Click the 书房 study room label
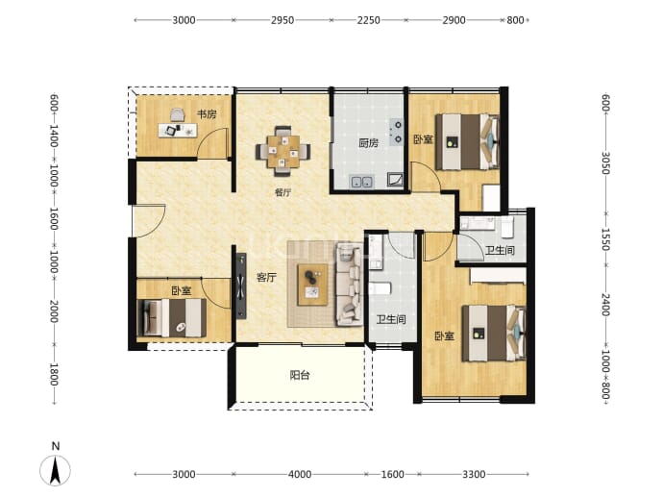(x=207, y=114)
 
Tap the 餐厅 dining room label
(x=282, y=192)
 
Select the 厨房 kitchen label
(x=368, y=143)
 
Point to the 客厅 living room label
(x=266, y=278)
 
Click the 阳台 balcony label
(x=300, y=375)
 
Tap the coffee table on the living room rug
(x=312, y=285)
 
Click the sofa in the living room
(x=349, y=285)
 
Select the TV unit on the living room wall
(x=241, y=286)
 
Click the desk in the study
(x=178, y=130)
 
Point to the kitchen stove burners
(x=397, y=132)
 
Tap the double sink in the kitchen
(x=361, y=182)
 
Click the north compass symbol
(x=55, y=469)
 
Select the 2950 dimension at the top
(x=282, y=20)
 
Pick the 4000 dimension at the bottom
(x=300, y=474)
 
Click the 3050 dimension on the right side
(x=605, y=162)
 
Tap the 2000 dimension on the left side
(x=54, y=311)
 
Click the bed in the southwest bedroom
(x=172, y=317)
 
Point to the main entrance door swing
(x=149, y=221)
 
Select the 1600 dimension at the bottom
(x=392, y=474)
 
